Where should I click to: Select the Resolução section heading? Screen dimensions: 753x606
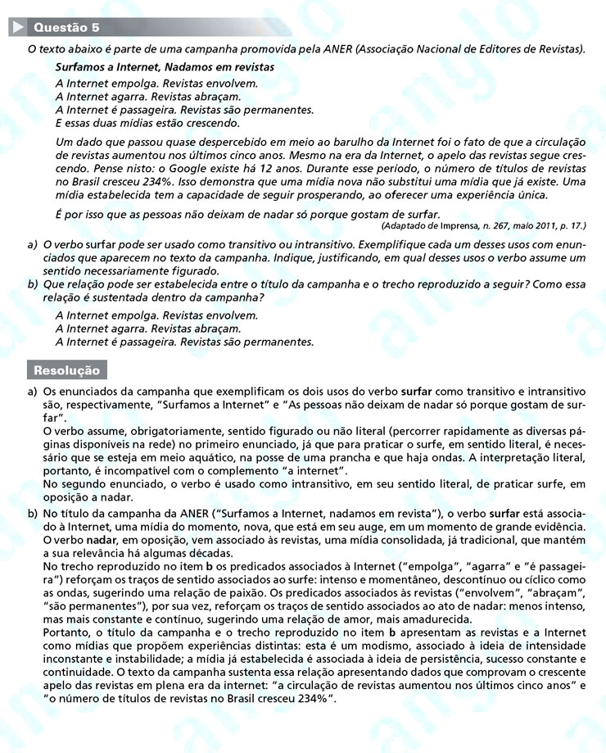point(66,370)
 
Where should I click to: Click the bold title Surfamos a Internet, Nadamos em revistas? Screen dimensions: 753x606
point(165,66)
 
